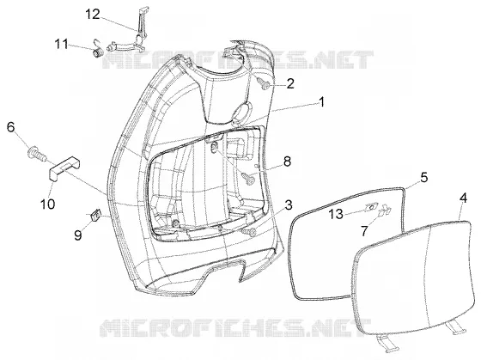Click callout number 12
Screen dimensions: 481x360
pos(93,14)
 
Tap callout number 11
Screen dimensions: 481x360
pos(61,44)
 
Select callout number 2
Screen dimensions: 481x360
pos(290,83)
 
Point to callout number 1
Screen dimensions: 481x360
pos(321,102)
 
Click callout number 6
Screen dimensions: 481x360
pos(10,127)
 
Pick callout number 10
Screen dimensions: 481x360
pos(48,204)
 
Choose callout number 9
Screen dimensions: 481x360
pos(78,235)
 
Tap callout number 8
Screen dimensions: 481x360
pos(287,162)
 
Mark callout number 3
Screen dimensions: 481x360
pos(289,205)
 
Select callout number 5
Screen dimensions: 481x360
pos(423,177)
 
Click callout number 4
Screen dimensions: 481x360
pos(463,198)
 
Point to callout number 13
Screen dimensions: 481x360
pos(336,214)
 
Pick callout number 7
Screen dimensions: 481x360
pos(364,231)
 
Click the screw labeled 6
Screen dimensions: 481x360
pos(36,154)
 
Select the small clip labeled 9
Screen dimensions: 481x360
pos(96,214)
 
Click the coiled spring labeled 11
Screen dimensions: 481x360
pos(98,51)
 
